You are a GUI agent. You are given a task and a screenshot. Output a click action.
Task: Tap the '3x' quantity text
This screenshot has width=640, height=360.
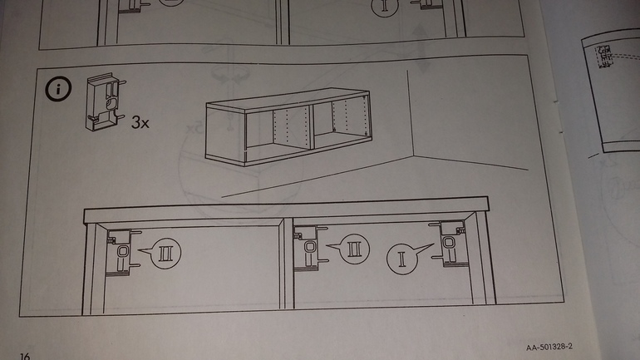(140, 124)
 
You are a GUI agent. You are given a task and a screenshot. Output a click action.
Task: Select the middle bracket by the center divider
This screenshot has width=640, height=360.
(308, 248)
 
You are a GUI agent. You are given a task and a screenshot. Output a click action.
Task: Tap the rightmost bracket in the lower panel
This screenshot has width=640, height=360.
(450, 244)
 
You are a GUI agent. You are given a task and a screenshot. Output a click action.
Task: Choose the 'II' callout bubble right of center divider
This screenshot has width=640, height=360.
(354, 247)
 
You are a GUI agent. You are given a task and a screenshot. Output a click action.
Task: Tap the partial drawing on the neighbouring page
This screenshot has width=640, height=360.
(611, 91)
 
